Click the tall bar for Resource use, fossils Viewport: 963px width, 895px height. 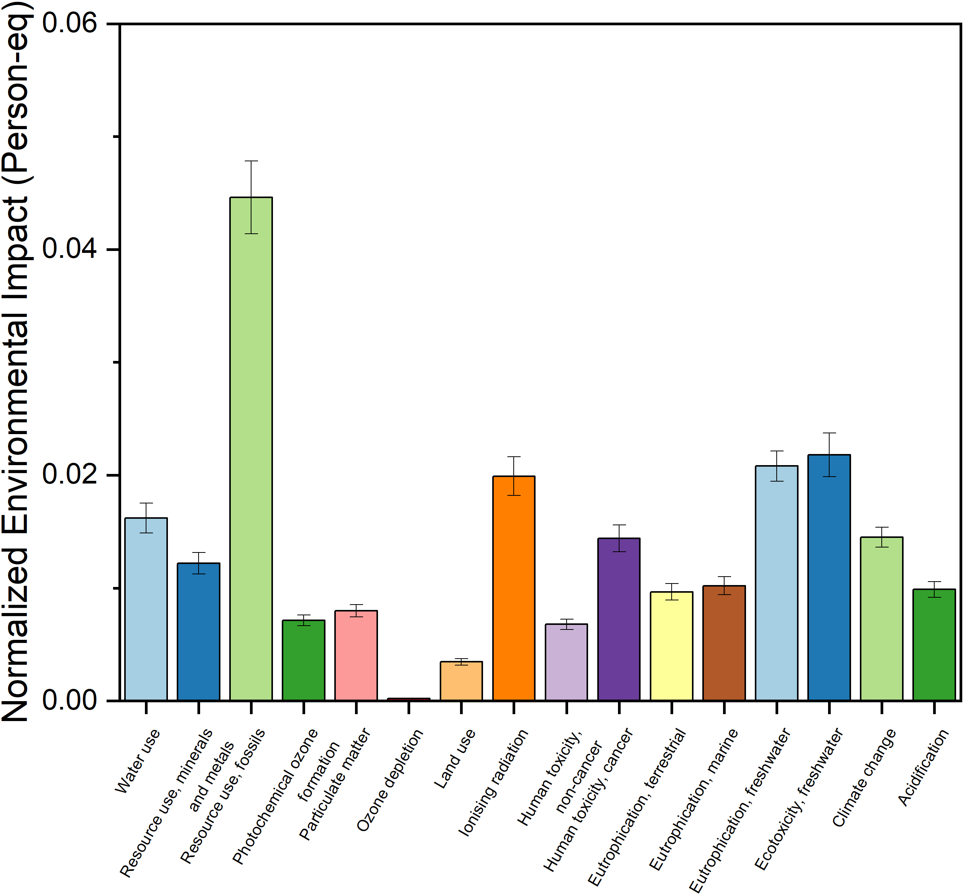click(251, 448)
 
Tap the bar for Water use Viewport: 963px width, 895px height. click(146, 609)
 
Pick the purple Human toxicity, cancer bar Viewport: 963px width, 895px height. click(619, 619)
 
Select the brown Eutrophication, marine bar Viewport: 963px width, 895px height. click(724, 643)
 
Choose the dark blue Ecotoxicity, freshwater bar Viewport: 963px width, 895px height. click(829, 577)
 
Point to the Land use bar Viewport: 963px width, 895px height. click(461, 680)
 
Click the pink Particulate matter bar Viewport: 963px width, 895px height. click(356, 656)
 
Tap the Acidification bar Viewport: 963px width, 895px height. click(934, 645)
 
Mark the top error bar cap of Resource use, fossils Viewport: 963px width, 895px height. click(251, 161)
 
